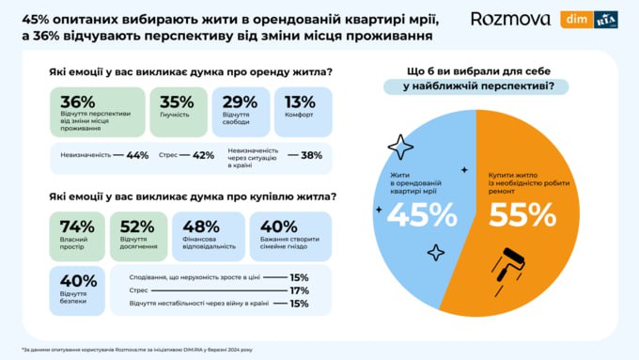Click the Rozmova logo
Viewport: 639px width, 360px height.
point(509,19)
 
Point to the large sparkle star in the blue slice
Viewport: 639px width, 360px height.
point(400,147)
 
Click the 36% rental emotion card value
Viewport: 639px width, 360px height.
point(78,102)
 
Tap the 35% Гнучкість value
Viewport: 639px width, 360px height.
point(176,102)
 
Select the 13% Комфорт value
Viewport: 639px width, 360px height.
point(300,102)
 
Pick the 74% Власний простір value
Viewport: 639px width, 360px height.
point(76,226)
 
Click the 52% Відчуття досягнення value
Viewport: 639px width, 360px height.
point(137,226)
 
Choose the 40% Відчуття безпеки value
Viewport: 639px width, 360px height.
point(78,280)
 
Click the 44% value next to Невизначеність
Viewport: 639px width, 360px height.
point(137,155)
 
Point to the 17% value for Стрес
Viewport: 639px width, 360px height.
point(300,290)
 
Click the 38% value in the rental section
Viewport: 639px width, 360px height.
point(314,155)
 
